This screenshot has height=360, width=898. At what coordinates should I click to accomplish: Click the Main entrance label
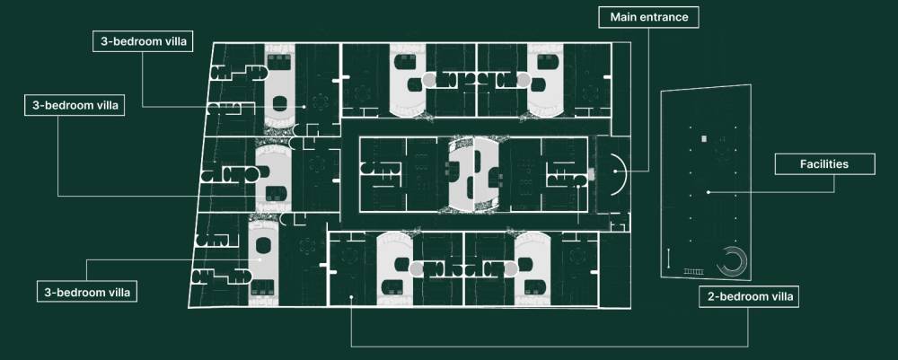(648, 17)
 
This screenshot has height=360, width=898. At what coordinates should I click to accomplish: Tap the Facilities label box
(824, 164)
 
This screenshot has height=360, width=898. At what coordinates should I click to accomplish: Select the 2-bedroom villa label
(748, 296)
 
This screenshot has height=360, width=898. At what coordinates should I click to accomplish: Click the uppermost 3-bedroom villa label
(142, 41)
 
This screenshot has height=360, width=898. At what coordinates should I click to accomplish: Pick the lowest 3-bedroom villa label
(85, 293)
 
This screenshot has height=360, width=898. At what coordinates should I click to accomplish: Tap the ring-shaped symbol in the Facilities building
(732, 261)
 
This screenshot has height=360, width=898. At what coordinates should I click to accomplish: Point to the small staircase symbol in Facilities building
(693, 270)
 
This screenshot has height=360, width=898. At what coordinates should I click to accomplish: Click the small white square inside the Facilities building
(704, 138)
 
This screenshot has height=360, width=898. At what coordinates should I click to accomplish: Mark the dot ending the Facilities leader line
(708, 192)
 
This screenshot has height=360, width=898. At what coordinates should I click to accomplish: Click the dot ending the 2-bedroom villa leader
(350, 298)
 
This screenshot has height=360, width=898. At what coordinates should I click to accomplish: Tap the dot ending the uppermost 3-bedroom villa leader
(304, 107)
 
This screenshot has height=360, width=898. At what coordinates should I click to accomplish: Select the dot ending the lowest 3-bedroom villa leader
(260, 259)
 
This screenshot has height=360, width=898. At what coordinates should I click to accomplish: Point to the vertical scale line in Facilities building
(670, 260)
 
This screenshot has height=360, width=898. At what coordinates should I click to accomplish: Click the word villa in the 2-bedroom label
(774, 296)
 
